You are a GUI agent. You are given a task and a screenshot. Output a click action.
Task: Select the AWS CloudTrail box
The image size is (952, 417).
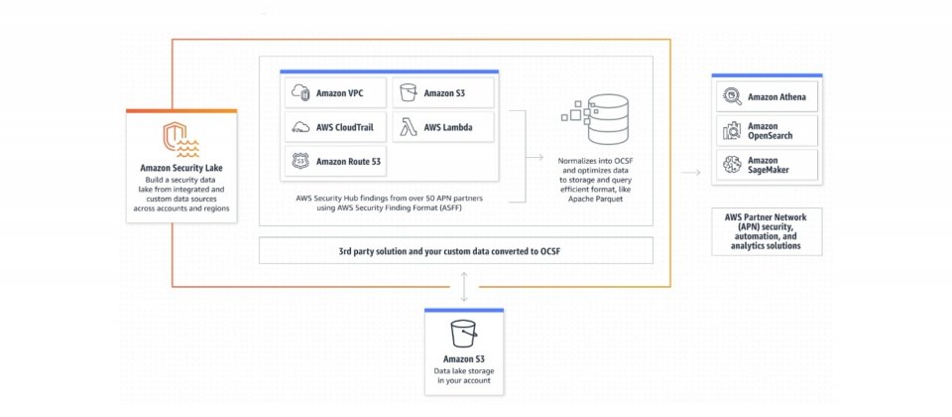tap(335, 127)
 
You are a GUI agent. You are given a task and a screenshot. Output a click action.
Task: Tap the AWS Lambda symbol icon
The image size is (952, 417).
tap(409, 127)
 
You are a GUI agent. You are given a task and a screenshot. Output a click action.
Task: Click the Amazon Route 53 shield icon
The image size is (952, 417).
tap(300, 161)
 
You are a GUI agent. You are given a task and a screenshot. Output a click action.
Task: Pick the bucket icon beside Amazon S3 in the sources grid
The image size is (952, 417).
tap(409, 93)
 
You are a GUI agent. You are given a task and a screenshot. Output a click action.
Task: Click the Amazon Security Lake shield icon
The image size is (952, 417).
tap(180, 139)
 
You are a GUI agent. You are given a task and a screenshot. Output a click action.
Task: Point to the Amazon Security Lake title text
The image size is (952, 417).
tap(181, 168)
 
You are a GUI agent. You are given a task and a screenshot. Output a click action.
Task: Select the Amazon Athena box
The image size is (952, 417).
tap(767, 96)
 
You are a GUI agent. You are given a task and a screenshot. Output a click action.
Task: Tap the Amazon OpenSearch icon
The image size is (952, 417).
tap(732, 131)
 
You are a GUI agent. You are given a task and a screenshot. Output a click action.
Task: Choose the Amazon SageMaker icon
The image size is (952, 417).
tap(732, 164)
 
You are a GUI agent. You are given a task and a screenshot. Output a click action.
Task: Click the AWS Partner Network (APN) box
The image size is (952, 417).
tap(767, 231)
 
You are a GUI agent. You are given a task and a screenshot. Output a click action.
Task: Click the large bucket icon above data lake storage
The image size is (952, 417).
tap(464, 334)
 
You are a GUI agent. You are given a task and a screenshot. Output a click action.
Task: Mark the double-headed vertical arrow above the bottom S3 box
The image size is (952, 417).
tap(464, 287)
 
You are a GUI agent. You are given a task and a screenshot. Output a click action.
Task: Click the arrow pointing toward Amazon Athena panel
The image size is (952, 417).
tap(691, 173)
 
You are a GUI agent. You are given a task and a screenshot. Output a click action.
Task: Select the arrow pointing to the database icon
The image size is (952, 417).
tap(535, 158)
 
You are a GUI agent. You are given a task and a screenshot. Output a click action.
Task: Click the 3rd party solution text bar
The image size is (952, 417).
tap(456, 250)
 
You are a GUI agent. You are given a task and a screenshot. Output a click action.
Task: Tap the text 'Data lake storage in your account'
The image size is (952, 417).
tap(463, 375)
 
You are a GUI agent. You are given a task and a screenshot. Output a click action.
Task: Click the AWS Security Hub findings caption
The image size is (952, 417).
tap(389, 203)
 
